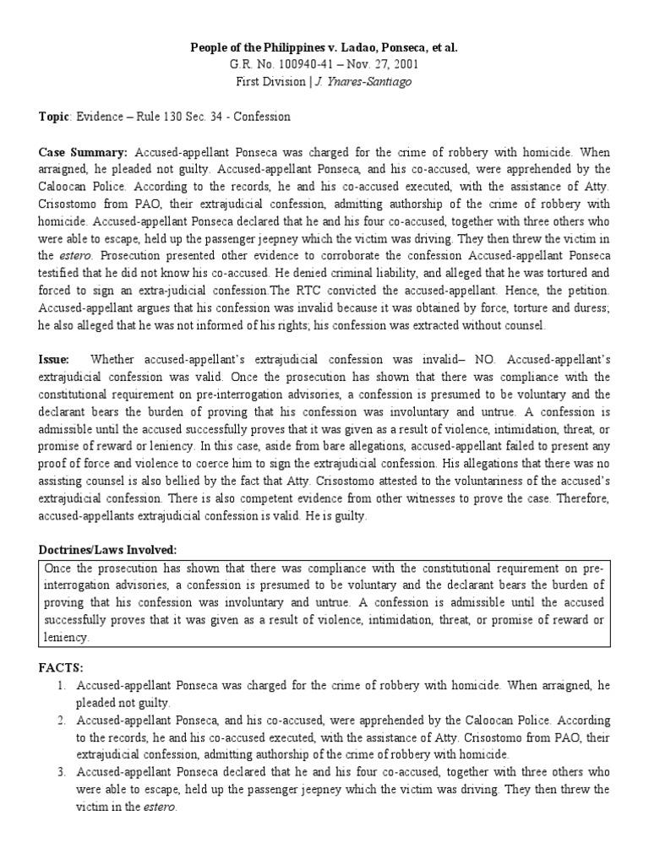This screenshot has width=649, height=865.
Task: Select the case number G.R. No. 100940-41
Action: (275, 65)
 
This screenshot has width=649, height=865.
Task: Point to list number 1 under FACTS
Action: (62, 685)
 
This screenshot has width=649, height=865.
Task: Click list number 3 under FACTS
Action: (62, 772)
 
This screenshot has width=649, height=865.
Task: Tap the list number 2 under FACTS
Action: (62, 720)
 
